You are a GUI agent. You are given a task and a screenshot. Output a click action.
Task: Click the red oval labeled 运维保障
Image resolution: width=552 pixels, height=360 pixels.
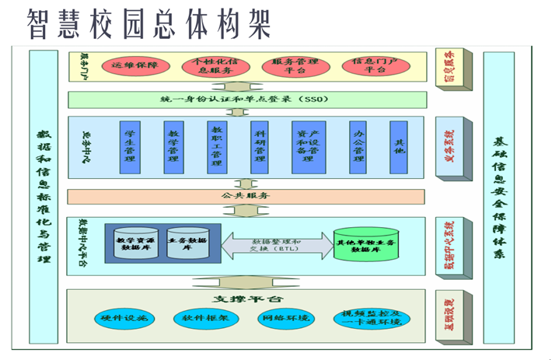click(135, 65)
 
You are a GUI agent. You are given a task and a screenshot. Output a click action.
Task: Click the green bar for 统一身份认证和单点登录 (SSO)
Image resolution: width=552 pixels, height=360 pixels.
click(246, 100)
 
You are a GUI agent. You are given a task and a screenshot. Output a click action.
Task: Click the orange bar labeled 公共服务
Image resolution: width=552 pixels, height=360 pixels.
click(246, 196)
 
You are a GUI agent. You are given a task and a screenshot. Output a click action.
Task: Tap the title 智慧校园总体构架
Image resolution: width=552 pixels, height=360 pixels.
click(148, 23)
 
